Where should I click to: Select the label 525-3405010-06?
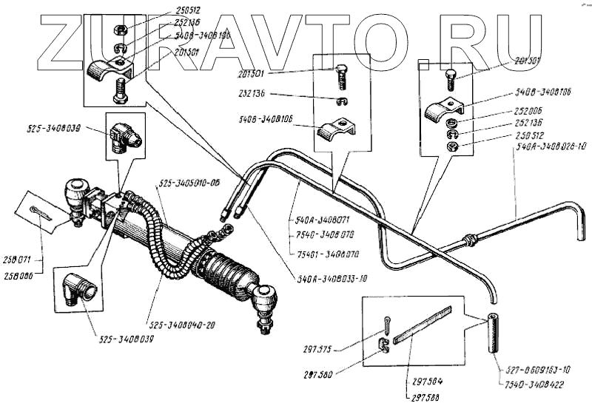pos(189,183)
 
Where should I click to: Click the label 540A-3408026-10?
pos(548,148)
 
